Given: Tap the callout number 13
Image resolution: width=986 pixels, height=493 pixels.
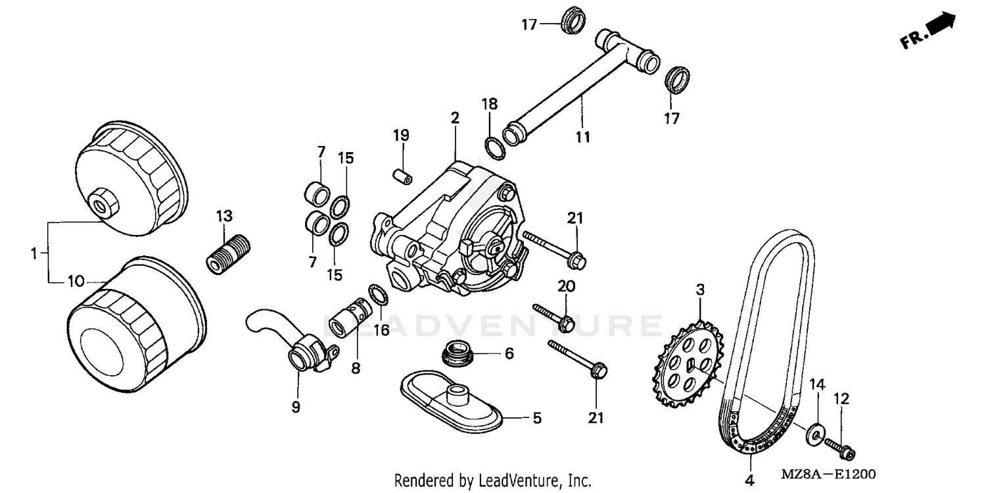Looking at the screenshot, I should pos(224,216).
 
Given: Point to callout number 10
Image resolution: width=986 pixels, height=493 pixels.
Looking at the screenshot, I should pos(76,281).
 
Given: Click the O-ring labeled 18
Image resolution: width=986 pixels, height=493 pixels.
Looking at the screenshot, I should pos(494,148).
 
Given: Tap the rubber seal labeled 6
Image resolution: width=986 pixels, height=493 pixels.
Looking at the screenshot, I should pos(458,353).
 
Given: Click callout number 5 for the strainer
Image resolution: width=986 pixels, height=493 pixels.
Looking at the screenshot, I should pos(537,418).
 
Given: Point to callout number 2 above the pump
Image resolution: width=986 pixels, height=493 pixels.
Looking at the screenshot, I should pos(455,118).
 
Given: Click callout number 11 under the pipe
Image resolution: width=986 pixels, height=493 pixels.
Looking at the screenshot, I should pos(582,137).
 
